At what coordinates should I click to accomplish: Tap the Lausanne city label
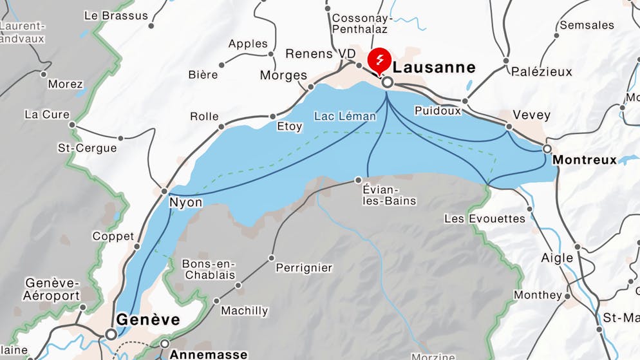[434, 68]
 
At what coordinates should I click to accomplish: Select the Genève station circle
[111, 334]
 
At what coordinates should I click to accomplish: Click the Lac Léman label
[344, 117]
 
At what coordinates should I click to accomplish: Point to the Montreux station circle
[547, 149]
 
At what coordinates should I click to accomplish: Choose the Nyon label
[185, 203]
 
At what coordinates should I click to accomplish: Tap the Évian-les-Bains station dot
[359, 180]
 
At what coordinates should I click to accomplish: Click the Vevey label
[531, 115]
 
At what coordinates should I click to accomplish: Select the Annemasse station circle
[165, 343]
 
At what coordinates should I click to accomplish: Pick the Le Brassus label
[116, 15]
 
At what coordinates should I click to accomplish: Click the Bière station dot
[221, 65]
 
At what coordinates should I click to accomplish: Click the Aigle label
[557, 258]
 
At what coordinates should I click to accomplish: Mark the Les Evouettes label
[485, 219]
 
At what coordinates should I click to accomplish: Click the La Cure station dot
[72, 125]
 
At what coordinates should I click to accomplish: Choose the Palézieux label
[541, 71]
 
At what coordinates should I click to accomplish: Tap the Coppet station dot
[136, 246]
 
